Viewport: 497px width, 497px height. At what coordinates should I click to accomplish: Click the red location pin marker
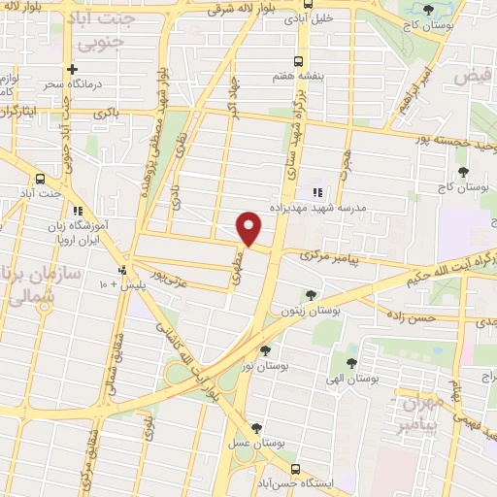coord(250,228)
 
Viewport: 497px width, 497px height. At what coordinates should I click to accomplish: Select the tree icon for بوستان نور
coord(265,350)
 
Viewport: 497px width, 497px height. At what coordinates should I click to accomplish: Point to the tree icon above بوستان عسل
coord(257,428)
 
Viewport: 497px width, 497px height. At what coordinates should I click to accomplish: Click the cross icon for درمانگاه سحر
coord(71,69)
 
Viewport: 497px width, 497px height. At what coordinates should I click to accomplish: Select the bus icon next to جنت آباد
coord(40,180)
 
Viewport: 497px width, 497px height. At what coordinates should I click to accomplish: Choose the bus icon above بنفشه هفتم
coord(299,59)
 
